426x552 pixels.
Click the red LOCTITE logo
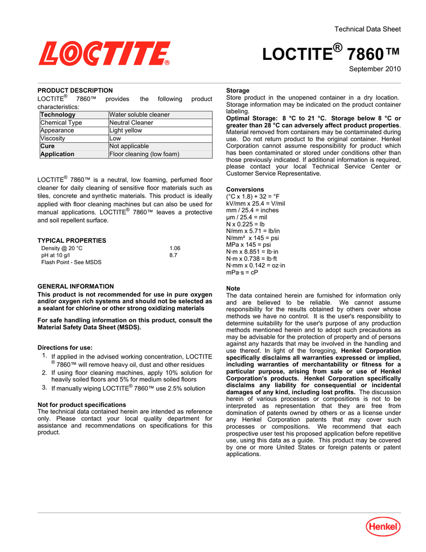point(104,54)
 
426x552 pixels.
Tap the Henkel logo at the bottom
point(383,527)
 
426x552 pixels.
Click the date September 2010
point(375,69)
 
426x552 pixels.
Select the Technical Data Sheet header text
point(367,29)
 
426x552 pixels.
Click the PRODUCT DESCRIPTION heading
point(75,91)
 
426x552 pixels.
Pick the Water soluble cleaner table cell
point(139,115)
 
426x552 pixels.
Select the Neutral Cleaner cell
point(131,123)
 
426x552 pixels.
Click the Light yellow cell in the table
point(125,130)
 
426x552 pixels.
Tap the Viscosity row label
point(53,139)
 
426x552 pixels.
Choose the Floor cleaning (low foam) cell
point(144,154)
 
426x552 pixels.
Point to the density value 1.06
point(174,249)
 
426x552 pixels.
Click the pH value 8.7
point(173,256)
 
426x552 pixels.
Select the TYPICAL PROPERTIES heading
point(72,240)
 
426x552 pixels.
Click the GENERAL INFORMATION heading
point(75,286)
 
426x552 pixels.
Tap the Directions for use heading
point(65,348)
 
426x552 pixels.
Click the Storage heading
point(238,91)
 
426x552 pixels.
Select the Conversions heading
point(245,190)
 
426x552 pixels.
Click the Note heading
point(233,289)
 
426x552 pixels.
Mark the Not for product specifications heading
point(82,404)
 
